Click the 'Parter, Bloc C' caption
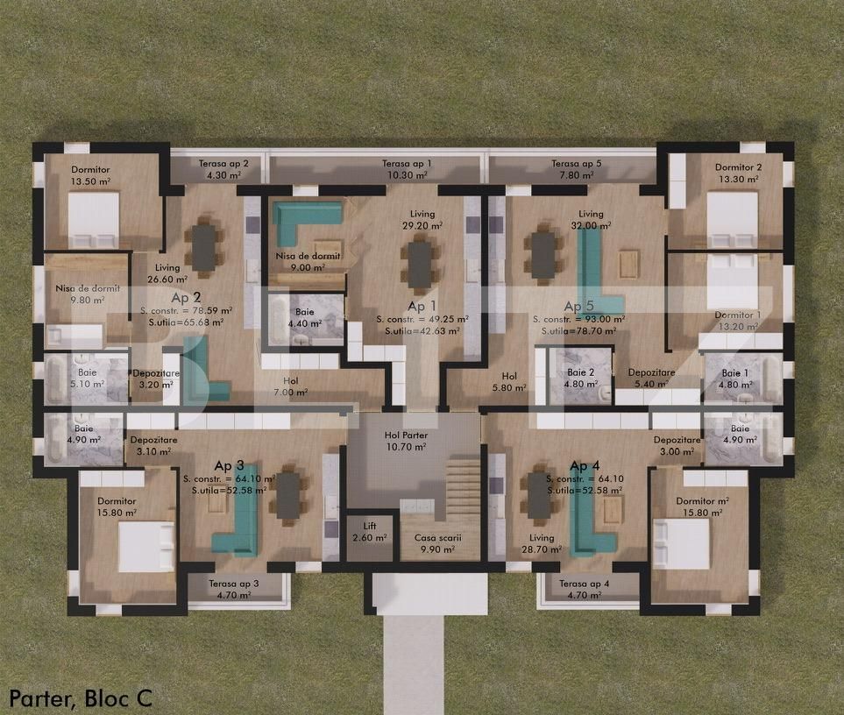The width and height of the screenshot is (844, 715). pyautogui.click(x=81, y=697)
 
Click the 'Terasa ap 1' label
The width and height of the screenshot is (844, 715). pyautogui.click(x=405, y=164)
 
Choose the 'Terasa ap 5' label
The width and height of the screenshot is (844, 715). pyautogui.click(x=576, y=164)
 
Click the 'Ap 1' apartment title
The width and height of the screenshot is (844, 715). pyautogui.click(x=421, y=306)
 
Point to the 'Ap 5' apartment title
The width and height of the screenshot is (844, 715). pyautogui.click(x=578, y=306)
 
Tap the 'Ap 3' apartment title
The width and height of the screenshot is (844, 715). pyautogui.click(x=230, y=465)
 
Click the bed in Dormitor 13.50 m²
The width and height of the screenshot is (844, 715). pyautogui.click(x=94, y=219)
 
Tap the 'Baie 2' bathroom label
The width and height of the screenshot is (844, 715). pyautogui.click(x=579, y=372)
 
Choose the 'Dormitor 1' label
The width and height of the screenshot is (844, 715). pyautogui.click(x=737, y=315)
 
